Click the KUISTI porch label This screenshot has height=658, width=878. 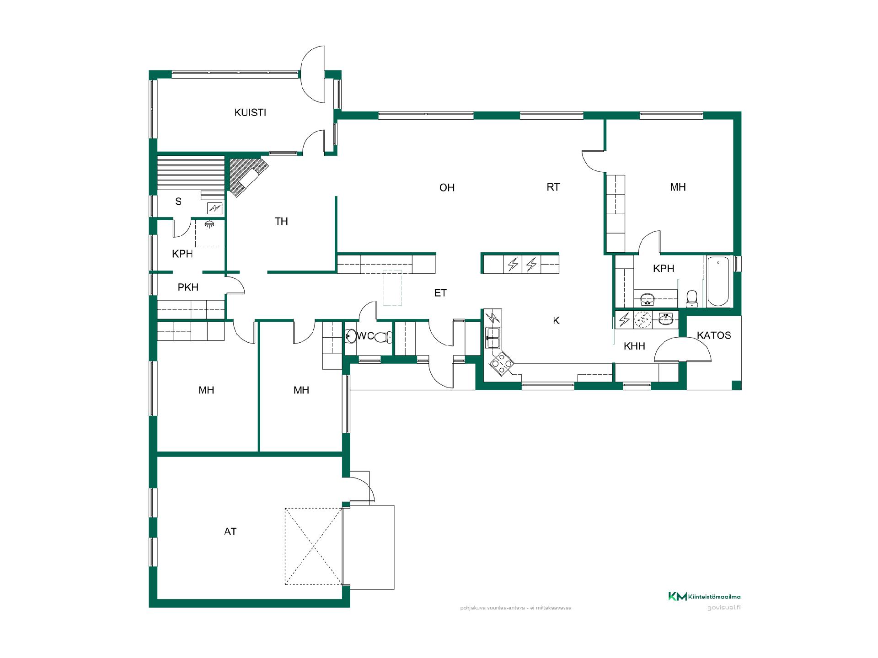(x=250, y=112)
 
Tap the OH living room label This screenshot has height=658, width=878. (x=447, y=187)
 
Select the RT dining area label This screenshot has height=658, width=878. (x=553, y=187)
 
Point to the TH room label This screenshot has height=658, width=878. (x=281, y=221)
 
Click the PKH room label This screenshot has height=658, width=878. (x=188, y=287)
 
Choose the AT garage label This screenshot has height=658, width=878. (x=230, y=531)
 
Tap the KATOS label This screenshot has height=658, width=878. (x=714, y=335)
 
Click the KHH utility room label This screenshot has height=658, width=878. (x=634, y=346)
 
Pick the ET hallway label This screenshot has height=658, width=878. (x=440, y=293)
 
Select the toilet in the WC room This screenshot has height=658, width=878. (x=382, y=337)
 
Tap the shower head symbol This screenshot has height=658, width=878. (x=209, y=224)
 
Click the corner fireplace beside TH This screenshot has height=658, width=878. (x=247, y=176)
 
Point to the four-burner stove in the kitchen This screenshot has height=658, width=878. (x=501, y=363)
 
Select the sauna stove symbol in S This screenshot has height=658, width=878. (x=214, y=208)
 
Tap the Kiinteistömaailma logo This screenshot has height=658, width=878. (x=704, y=596)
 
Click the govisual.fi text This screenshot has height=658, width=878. (x=724, y=608)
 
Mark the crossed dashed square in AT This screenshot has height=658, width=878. (x=313, y=546)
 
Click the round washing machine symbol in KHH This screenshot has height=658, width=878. (x=643, y=319)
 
